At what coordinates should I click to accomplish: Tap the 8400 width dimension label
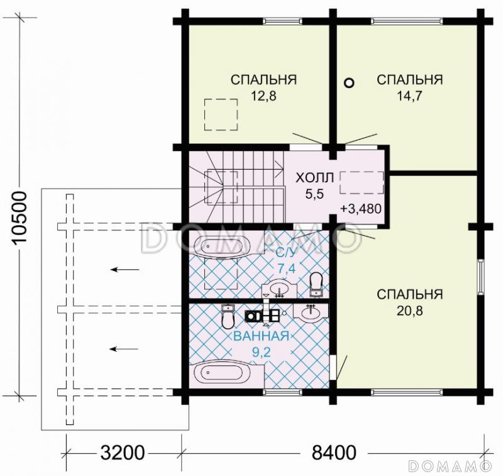click(x=334, y=453)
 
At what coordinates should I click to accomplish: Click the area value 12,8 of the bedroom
click(x=263, y=96)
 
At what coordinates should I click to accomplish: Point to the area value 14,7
click(x=410, y=96)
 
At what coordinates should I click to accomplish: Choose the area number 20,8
click(x=410, y=311)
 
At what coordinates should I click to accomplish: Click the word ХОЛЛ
click(x=314, y=178)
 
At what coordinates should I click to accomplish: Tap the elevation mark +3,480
click(x=361, y=209)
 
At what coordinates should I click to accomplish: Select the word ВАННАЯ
click(x=261, y=336)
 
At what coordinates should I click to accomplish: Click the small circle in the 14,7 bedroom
click(x=349, y=83)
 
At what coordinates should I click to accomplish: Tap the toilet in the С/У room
click(x=316, y=283)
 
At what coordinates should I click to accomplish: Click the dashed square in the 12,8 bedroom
click(x=221, y=114)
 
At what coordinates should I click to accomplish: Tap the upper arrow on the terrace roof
click(x=125, y=269)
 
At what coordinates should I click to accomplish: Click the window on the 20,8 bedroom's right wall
click(x=480, y=277)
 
